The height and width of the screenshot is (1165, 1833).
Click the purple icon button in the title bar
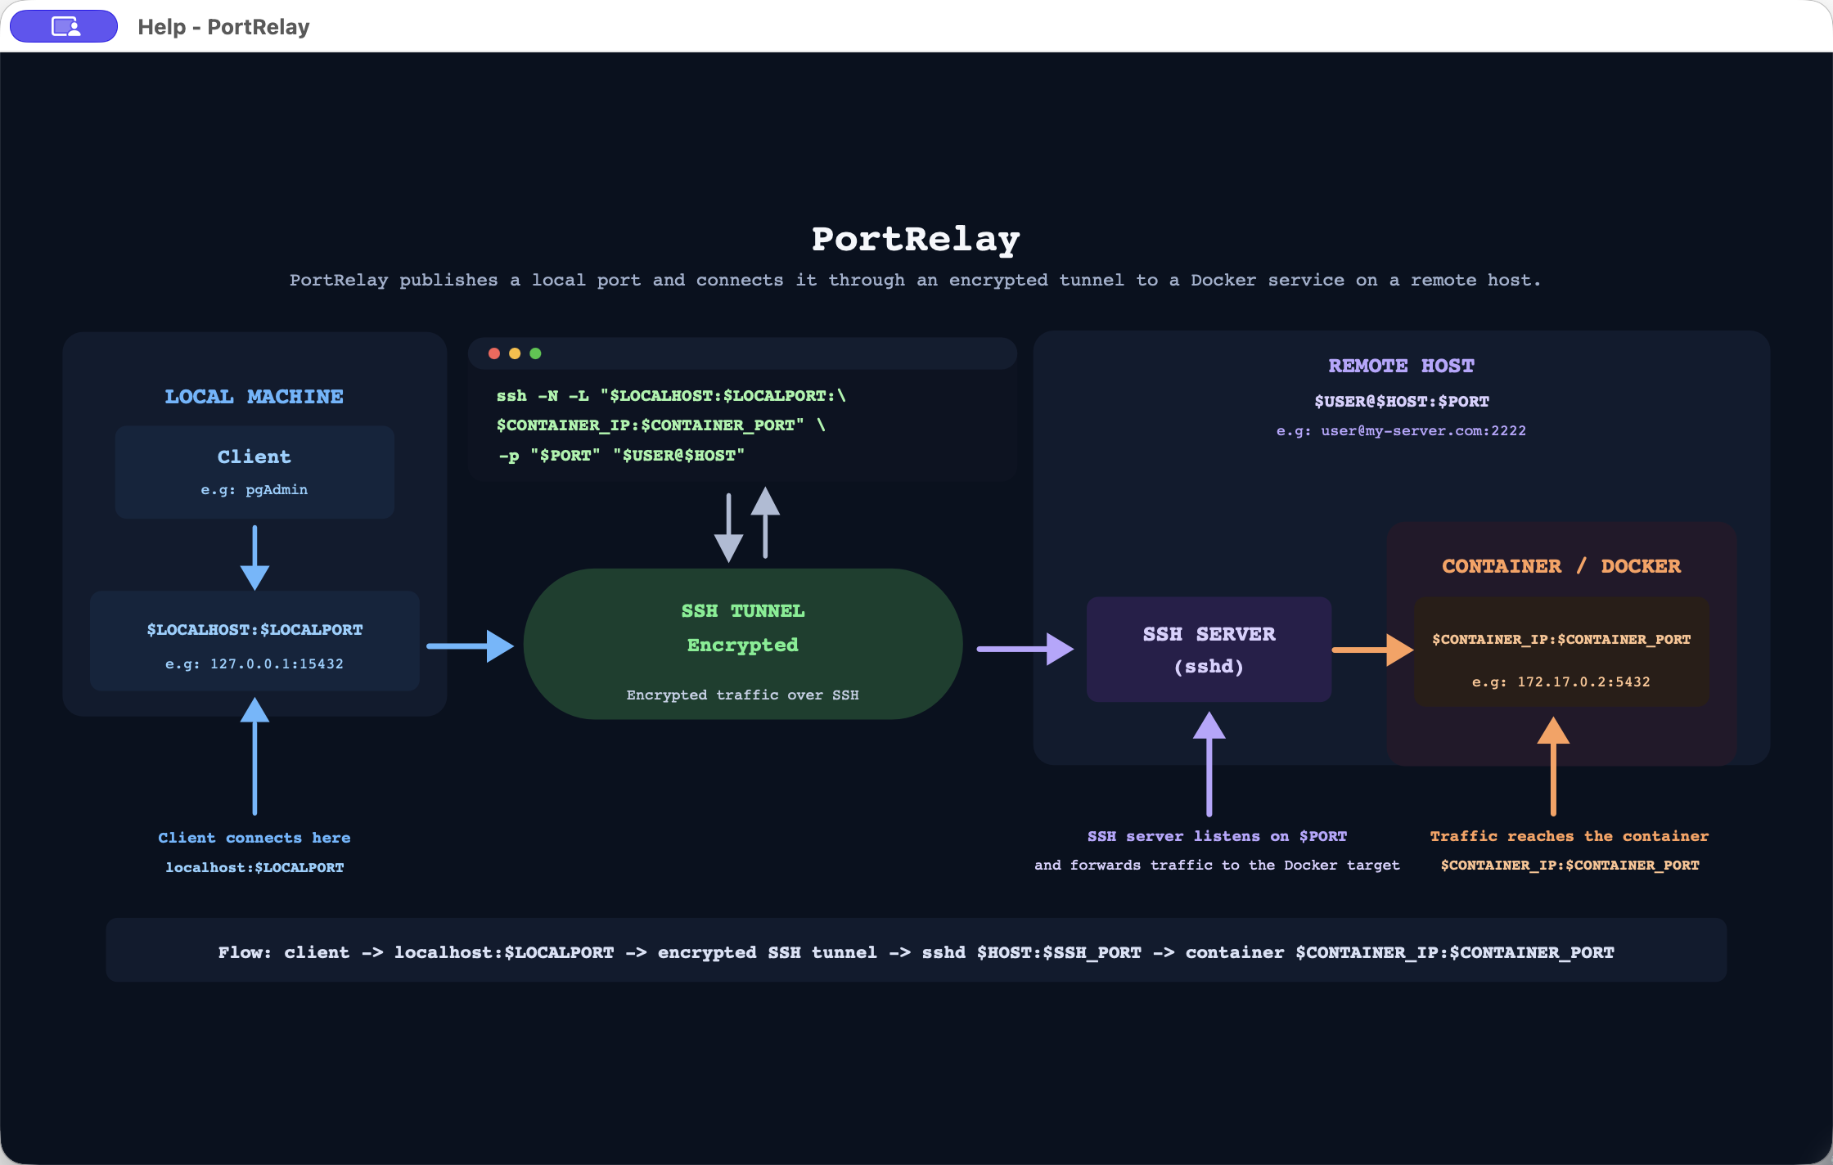point(64,26)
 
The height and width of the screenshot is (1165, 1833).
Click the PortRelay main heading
point(916,239)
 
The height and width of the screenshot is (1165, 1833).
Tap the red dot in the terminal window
point(494,353)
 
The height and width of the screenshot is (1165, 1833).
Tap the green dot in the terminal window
point(535,353)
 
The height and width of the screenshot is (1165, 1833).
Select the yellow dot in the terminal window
point(515,353)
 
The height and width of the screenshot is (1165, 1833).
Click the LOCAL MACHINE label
point(254,397)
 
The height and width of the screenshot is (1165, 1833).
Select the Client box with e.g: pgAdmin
point(254,472)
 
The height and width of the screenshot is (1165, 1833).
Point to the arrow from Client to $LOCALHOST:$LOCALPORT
point(254,557)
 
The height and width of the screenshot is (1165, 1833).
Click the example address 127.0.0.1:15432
point(277,663)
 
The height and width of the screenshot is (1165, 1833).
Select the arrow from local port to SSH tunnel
point(471,646)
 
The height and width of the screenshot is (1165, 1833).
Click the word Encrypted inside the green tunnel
point(743,645)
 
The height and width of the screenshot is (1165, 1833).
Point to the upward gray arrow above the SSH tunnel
point(765,523)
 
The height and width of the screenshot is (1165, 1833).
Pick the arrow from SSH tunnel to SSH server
point(1025,650)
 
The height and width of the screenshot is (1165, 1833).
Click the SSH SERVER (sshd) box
point(1209,650)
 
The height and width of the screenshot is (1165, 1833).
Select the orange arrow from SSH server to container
point(1373,650)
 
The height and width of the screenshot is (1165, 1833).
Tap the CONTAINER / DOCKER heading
point(1561,566)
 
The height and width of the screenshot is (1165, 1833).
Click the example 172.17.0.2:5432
point(1583,681)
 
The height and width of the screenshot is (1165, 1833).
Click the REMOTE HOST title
point(1401,366)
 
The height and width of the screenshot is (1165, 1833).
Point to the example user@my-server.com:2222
point(1423,430)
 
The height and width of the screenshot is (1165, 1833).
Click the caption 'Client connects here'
point(254,838)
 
